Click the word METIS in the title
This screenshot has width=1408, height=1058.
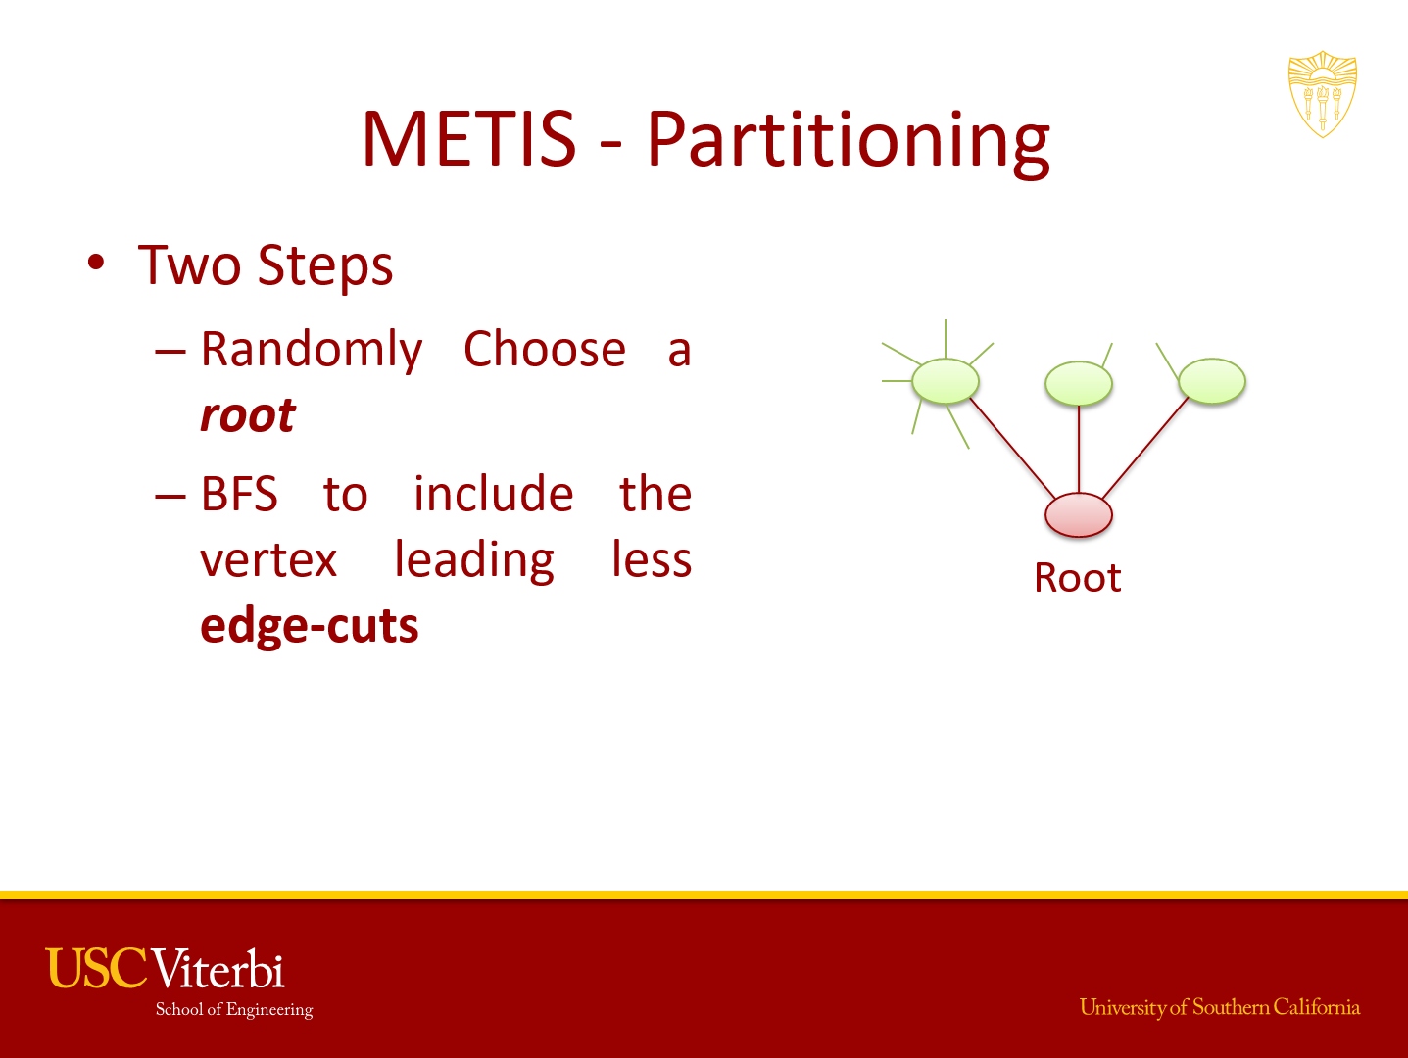tap(469, 139)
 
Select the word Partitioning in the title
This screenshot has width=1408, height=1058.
tap(849, 144)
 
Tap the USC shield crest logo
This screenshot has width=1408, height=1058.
tap(1322, 94)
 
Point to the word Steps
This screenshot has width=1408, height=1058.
tap(325, 266)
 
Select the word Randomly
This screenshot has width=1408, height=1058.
tap(312, 350)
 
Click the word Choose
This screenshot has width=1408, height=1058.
tap(545, 350)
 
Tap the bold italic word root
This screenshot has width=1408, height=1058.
tap(248, 415)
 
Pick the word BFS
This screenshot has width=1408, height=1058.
tap(239, 494)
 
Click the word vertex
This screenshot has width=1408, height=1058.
tap(268, 559)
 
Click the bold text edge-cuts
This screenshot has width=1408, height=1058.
tap(310, 626)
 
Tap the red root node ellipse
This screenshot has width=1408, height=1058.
tap(1078, 515)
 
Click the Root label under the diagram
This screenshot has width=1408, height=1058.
tap(1078, 578)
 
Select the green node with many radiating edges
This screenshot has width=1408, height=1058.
tap(946, 381)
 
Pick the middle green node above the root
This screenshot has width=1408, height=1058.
tap(1078, 383)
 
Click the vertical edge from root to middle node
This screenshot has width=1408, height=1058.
tap(1079, 449)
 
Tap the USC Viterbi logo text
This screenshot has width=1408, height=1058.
tap(166, 968)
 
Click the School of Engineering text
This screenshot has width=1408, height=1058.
tap(234, 1009)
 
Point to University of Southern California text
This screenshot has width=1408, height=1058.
tap(1220, 1007)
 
